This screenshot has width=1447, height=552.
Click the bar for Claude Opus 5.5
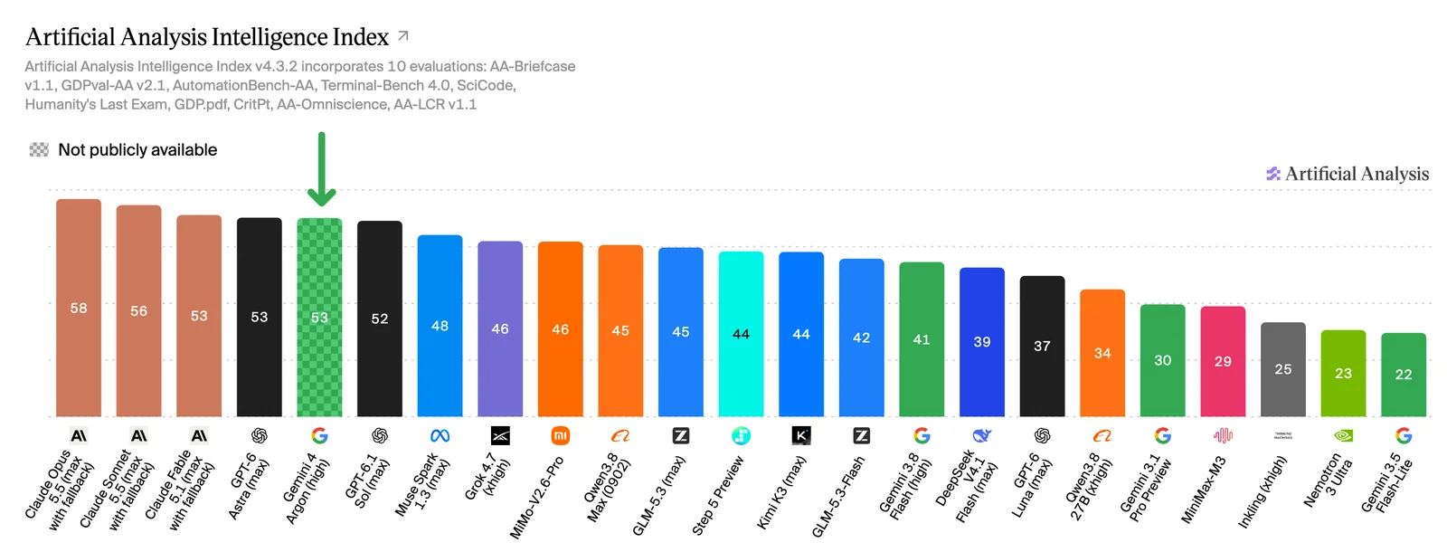point(78,308)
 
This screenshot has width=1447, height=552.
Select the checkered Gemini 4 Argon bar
point(320,318)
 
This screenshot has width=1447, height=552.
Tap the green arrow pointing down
point(321,169)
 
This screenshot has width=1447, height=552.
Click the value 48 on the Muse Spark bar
point(440,326)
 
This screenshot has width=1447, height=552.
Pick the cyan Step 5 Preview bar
point(741,334)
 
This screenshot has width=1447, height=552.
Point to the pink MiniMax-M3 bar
point(1223,361)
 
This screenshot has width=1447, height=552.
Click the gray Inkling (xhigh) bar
point(1283,369)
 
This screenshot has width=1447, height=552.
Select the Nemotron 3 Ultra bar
point(1344,373)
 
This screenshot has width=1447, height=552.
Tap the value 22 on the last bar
point(1404,375)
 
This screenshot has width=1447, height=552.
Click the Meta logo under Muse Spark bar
point(440,436)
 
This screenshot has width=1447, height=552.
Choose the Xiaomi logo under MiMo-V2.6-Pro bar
point(560,436)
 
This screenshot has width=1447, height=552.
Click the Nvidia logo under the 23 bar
point(1344,436)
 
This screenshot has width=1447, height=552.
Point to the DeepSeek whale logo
point(982,436)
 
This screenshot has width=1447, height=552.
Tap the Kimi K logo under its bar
point(801,436)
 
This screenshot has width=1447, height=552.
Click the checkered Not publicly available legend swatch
point(39,150)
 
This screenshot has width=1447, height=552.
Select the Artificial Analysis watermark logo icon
point(1272,173)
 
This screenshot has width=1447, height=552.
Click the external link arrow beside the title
point(403,35)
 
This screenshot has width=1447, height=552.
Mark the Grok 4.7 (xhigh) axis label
point(488,476)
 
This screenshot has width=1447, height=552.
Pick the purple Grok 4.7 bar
point(500,329)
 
